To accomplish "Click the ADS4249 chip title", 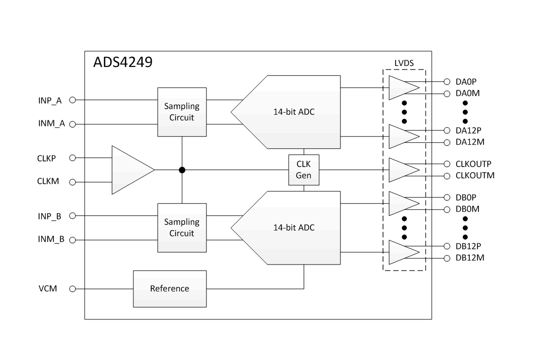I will click(x=123, y=62).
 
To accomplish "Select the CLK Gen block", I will click(x=303, y=170).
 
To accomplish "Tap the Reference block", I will click(x=169, y=288).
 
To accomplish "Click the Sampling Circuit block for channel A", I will click(x=182, y=112).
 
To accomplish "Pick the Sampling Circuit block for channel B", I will click(x=182, y=227).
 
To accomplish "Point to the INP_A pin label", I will click(x=50, y=100).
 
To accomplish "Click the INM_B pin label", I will click(x=51, y=239).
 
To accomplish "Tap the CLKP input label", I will click(x=47, y=158).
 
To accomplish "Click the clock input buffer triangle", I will click(x=130, y=170).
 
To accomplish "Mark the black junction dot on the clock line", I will click(x=182, y=170).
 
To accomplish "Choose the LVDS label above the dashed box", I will click(x=404, y=63).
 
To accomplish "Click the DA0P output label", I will click(x=466, y=81).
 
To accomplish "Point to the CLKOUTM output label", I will click(x=475, y=176).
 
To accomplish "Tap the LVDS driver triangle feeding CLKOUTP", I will click(x=402, y=170).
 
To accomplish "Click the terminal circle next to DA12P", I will click(x=447, y=130).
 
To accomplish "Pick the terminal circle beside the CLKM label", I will click(x=72, y=182).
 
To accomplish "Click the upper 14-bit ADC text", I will click(x=294, y=112).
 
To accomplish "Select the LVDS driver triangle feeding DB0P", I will click(x=402, y=203).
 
